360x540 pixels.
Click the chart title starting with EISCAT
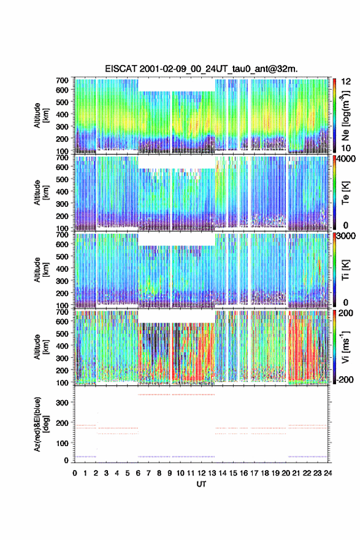[x=201, y=69]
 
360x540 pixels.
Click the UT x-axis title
[x=201, y=484]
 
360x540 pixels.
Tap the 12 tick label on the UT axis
[x=201, y=473]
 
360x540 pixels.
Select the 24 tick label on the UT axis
[x=327, y=473]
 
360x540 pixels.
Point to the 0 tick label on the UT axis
[x=75, y=473]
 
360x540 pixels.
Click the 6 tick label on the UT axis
[x=138, y=473]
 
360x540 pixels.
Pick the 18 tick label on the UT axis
[x=265, y=473]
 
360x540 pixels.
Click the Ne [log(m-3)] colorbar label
[x=345, y=115]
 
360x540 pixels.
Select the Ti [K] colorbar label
[x=345, y=270]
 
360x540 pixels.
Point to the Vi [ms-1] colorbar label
[x=345, y=347]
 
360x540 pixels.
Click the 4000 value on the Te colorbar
[x=346, y=159]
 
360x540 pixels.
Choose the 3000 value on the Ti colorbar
[x=346, y=236]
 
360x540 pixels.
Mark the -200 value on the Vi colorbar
[x=343, y=379]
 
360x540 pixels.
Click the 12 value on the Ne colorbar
[x=346, y=82]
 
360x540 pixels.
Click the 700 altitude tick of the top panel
[x=62, y=80]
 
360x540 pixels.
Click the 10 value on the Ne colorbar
[x=346, y=148]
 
